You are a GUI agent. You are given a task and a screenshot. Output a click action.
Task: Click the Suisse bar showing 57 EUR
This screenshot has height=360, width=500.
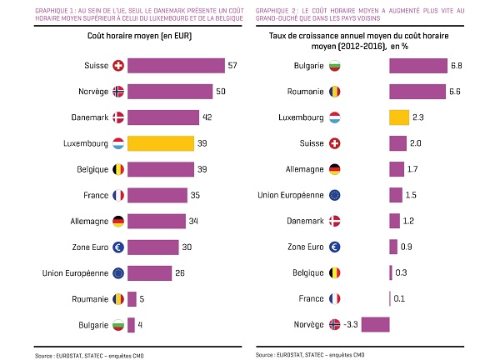tap(176, 66)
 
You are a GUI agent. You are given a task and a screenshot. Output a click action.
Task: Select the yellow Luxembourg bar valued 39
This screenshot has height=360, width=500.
tap(161, 143)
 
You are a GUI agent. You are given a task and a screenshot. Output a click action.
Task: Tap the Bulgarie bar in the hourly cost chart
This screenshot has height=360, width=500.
tap(131, 323)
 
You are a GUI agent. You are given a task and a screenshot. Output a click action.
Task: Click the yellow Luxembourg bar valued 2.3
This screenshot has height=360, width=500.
tap(399, 117)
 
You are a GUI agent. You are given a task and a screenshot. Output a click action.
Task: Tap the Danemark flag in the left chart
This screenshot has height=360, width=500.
tap(117, 117)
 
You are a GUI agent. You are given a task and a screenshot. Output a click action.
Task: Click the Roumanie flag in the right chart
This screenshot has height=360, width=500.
tap(335, 92)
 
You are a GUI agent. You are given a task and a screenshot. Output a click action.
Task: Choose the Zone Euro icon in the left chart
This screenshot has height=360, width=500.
tap(117, 247)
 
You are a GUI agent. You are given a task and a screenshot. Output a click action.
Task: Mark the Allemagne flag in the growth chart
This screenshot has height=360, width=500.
tap(335, 169)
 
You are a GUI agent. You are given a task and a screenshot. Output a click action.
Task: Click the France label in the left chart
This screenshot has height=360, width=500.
tap(94, 195)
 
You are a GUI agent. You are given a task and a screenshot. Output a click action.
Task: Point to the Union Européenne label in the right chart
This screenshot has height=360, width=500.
tap(292, 195)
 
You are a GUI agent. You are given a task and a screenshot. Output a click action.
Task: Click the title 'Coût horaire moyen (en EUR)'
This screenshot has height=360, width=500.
tap(124, 37)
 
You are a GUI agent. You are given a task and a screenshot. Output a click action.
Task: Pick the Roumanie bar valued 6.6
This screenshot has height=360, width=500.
tap(417, 92)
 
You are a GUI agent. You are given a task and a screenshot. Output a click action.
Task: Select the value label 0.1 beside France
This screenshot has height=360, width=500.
tap(400, 298)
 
